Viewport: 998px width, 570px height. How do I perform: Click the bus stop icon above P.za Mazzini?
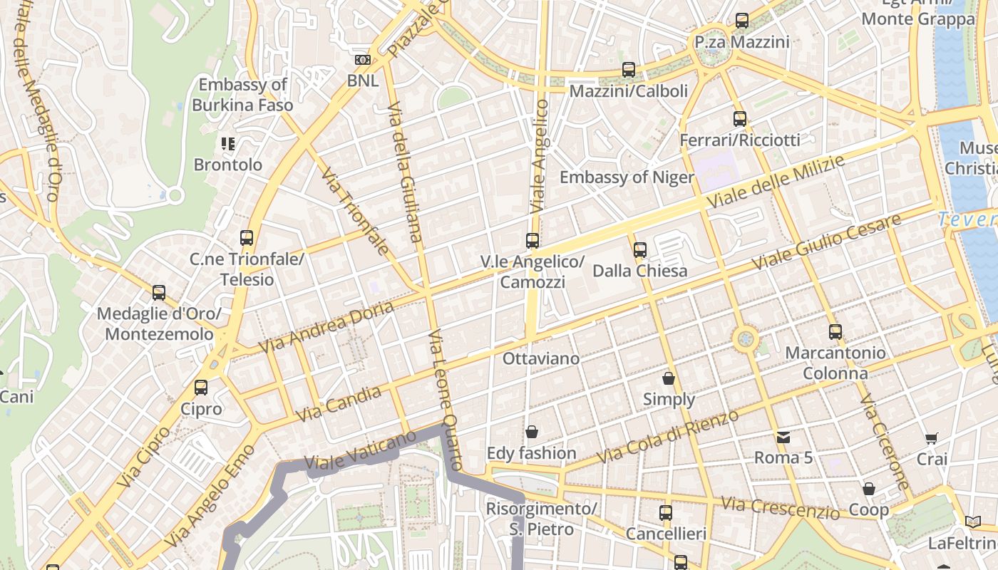(x=742, y=21)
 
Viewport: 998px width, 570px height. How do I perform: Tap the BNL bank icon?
(x=363, y=60)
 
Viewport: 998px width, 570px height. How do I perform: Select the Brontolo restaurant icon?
(x=228, y=144)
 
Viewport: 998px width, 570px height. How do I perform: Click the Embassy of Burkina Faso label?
(x=242, y=95)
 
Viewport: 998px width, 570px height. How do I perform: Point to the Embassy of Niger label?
(x=627, y=177)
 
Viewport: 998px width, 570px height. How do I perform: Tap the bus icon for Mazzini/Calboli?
(x=628, y=70)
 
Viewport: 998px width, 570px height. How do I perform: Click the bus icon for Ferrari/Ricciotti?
(x=740, y=119)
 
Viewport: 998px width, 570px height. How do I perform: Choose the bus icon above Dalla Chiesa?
(x=640, y=249)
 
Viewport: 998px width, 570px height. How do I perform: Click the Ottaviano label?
(x=541, y=358)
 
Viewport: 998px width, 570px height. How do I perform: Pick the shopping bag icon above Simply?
(x=669, y=378)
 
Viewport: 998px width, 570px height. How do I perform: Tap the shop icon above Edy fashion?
(x=531, y=432)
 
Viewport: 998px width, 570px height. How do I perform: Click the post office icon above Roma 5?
(x=783, y=437)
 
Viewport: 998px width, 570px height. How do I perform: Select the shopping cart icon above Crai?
(x=931, y=438)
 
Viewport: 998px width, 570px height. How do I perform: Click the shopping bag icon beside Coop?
(x=868, y=489)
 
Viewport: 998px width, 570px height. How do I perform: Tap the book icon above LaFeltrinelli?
(x=973, y=522)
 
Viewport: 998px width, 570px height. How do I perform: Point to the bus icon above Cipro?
(x=201, y=388)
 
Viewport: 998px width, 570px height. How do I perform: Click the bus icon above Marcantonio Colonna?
(x=835, y=332)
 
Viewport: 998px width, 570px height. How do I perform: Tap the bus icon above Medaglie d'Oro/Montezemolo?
(x=159, y=293)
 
